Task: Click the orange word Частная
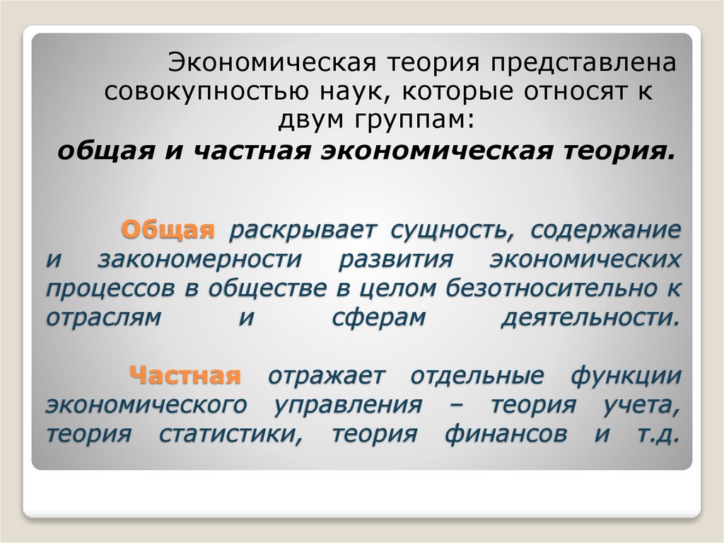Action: pos(185,375)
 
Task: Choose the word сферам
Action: pos(379,317)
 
